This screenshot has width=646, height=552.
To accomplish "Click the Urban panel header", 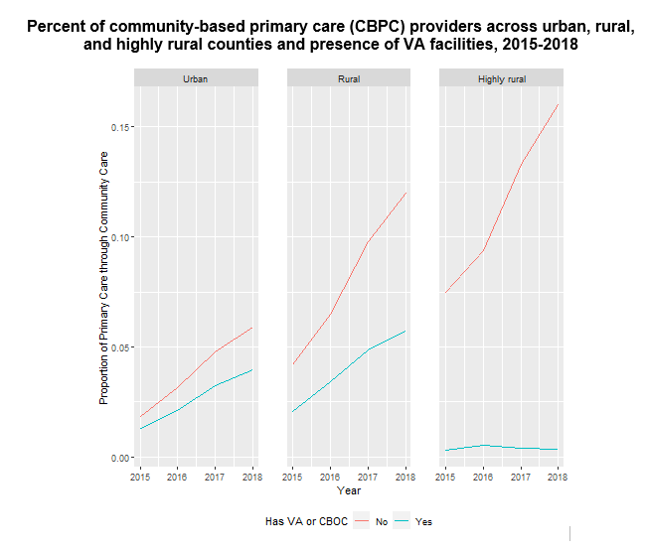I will [196, 78].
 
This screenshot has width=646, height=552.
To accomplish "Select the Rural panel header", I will [349, 78].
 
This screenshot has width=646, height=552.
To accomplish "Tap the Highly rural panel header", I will [502, 78].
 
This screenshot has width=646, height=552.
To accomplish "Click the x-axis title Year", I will [349, 490].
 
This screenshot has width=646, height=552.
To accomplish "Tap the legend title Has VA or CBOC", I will [306, 521].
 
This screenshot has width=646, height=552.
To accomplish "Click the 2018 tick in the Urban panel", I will [252, 477].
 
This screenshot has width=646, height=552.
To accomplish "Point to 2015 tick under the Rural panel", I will [293, 477].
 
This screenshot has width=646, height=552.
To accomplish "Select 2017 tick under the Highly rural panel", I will [520, 477].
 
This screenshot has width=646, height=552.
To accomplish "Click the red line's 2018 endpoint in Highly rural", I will [558, 104].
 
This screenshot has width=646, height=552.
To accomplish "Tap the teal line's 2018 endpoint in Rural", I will [405, 331].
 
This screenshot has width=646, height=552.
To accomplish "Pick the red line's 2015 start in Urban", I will [140, 417].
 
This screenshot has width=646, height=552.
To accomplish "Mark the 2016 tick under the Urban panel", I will [178, 477].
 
